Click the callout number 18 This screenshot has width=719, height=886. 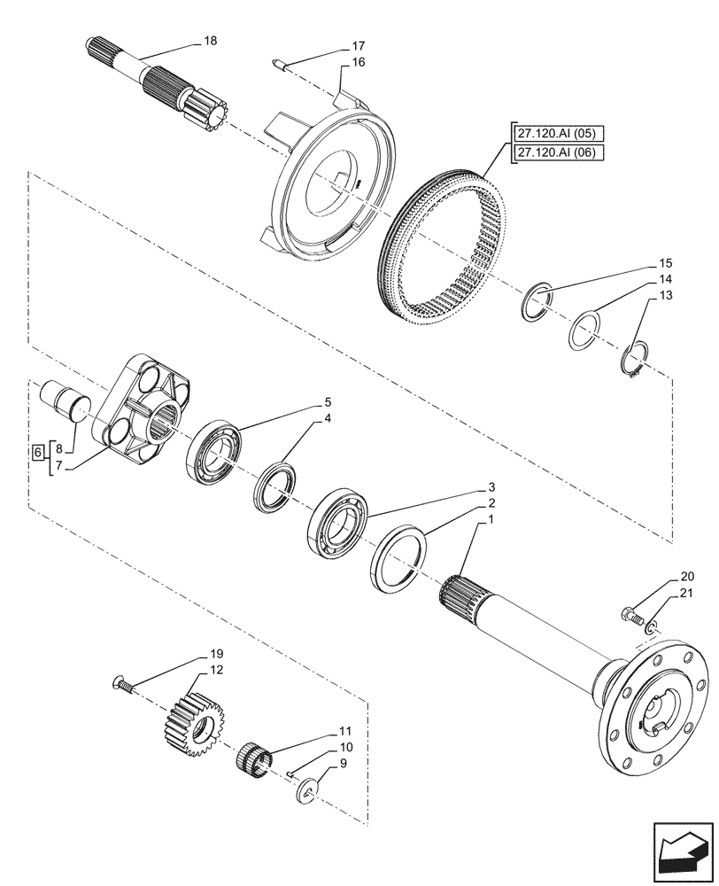[210, 41]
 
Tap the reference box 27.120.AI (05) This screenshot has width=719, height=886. [558, 134]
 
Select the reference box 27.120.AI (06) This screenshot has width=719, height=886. [558, 152]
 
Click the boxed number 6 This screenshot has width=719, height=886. [36, 453]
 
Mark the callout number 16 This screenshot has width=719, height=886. [358, 62]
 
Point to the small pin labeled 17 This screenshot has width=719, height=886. [281, 61]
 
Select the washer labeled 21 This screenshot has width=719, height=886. [652, 628]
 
